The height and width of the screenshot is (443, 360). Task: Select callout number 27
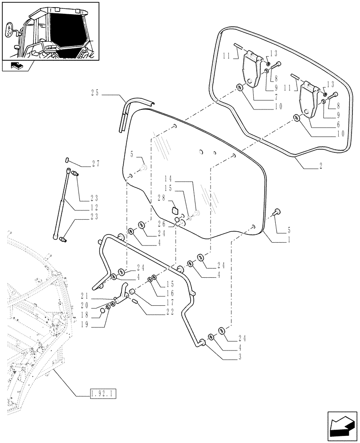[95, 163]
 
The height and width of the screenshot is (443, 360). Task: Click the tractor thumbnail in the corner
[50, 30]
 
